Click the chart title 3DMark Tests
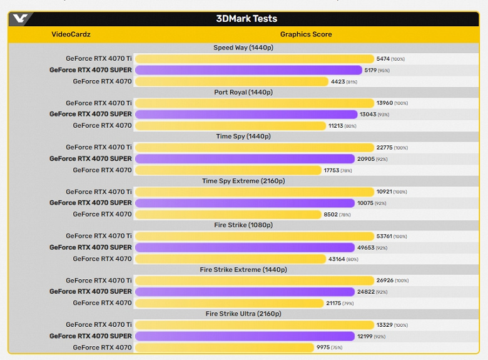246,19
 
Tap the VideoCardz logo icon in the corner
21,19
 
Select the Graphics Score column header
305,34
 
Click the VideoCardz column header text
71,34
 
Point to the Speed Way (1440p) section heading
243,48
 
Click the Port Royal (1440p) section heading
243,92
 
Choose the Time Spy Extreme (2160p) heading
243,181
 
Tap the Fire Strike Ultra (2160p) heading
243,314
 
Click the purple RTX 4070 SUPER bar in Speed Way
248,70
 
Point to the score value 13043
368,115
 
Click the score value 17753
330,170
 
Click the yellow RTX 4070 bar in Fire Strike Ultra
224,347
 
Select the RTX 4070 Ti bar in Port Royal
254,103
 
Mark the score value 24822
364,292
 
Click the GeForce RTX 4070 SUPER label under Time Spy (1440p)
91,159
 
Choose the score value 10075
364,203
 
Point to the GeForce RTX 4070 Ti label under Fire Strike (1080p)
99,236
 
